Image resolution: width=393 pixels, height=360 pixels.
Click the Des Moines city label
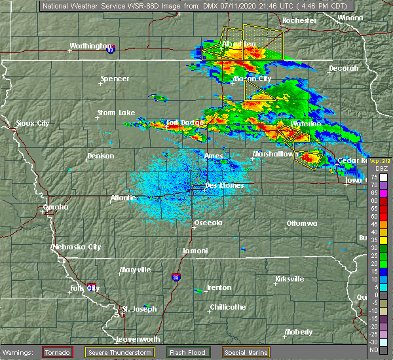coord(224,185)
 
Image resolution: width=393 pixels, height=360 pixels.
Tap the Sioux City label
coord(33,123)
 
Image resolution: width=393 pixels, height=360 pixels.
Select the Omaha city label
coord(55,207)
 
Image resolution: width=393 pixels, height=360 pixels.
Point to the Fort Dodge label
coord(181,122)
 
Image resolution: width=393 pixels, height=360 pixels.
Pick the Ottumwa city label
coord(301,224)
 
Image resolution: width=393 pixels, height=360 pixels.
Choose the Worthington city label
coord(91,46)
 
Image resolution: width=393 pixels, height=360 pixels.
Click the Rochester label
coord(299,20)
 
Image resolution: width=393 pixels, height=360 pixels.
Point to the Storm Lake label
coord(116,113)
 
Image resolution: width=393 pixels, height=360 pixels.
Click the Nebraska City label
coord(77,247)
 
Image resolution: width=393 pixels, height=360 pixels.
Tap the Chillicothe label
coord(228,307)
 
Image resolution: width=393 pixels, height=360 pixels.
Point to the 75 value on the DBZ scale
coord(374,177)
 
